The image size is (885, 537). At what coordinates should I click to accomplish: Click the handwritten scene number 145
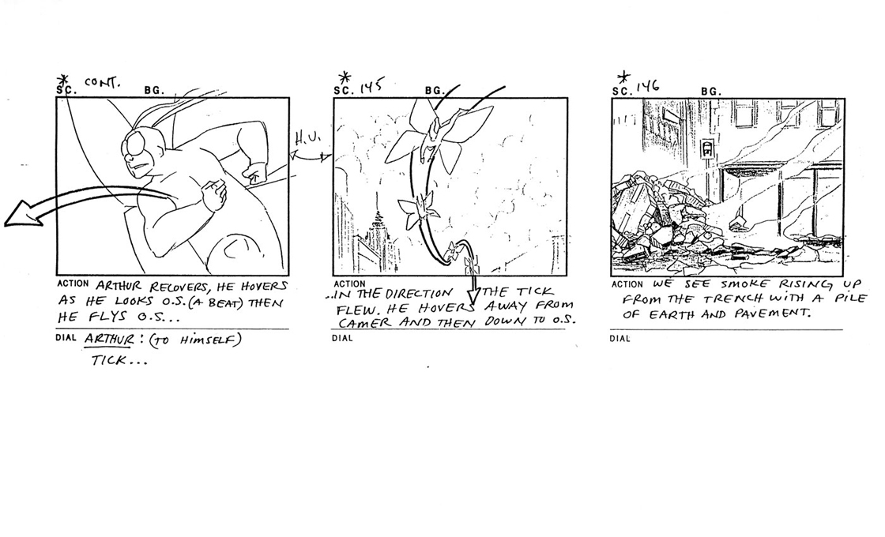point(371,86)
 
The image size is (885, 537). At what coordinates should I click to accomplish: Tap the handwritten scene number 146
point(649,86)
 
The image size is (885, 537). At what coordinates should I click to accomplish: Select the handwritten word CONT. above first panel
point(102,82)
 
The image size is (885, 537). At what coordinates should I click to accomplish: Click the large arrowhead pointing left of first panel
point(23,214)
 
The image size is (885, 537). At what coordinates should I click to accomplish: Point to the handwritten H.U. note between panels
point(308,138)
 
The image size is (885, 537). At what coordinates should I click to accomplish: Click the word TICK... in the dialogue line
point(119,360)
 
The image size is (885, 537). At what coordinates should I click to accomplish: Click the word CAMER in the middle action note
point(366,323)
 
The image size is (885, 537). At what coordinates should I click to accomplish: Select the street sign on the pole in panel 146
point(706,149)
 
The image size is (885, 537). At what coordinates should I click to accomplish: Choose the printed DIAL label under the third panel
point(619,339)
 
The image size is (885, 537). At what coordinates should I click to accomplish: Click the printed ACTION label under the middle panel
point(349,284)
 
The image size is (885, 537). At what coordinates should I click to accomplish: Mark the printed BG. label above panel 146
point(711,92)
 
